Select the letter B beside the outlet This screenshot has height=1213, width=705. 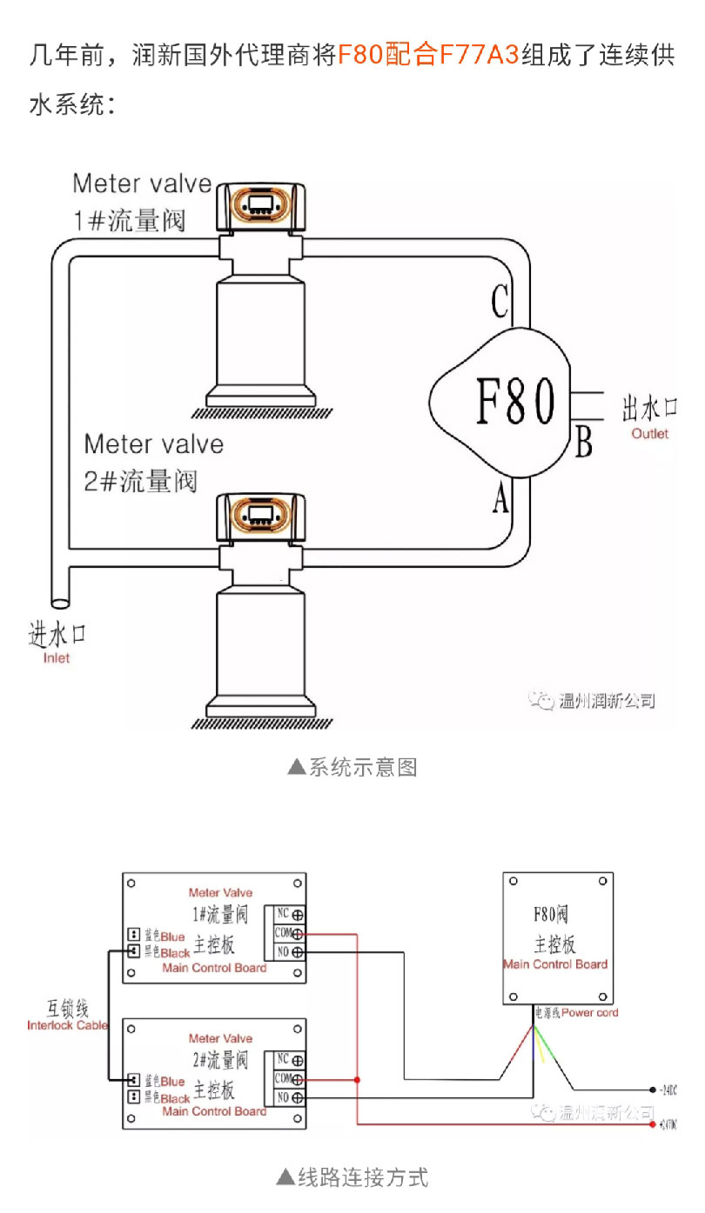tap(583, 442)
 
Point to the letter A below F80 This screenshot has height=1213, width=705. tap(500, 499)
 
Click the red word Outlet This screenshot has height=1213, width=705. tap(650, 433)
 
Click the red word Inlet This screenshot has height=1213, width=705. tap(57, 658)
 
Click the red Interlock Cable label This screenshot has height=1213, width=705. tap(67, 1025)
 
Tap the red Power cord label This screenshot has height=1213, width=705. tap(590, 1012)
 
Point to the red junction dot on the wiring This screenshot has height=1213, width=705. tap(358, 1080)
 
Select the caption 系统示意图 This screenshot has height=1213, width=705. tap(352, 767)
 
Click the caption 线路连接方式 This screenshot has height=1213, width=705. tap(352, 1177)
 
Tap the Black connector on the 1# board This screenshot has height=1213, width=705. tap(134, 951)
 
